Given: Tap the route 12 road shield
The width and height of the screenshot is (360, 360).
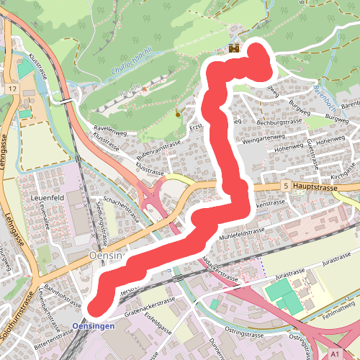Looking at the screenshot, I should [12, 88].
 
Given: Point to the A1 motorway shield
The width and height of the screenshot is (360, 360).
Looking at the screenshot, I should [336, 355].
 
